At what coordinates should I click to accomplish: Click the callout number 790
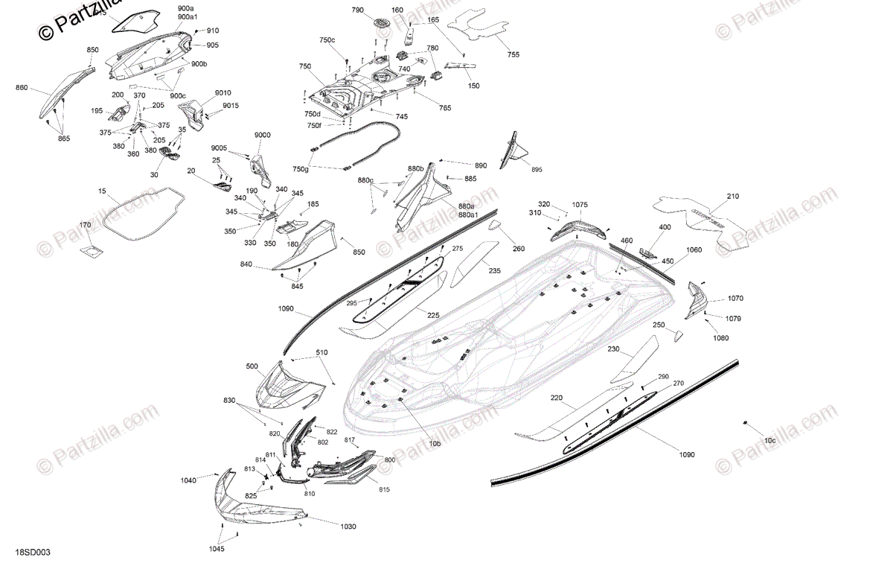tap(358, 10)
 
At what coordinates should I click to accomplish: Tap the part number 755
tap(513, 55)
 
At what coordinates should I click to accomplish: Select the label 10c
tap(769, 441)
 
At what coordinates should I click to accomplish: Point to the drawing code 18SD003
tap(33, 553)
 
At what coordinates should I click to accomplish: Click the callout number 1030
tap(348, 527)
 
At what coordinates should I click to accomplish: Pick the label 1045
tap(217, 550)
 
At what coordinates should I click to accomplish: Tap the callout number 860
tap(22, 88)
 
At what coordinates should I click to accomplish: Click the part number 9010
tap(223, 93)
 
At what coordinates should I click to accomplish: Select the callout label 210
tap(733, 197)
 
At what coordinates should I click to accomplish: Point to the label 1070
tap(735, 299)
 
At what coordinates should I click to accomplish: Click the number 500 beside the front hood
tap(252, 366)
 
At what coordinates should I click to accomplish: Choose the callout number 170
tap(86, 225)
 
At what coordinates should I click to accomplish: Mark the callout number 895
tap(537, 170)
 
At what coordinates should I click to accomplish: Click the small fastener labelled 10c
tap(745, 423)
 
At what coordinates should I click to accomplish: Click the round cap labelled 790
tap(383, 23)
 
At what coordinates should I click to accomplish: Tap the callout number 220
tap(557, 398)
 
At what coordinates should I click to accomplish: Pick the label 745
tap(402, 117)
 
